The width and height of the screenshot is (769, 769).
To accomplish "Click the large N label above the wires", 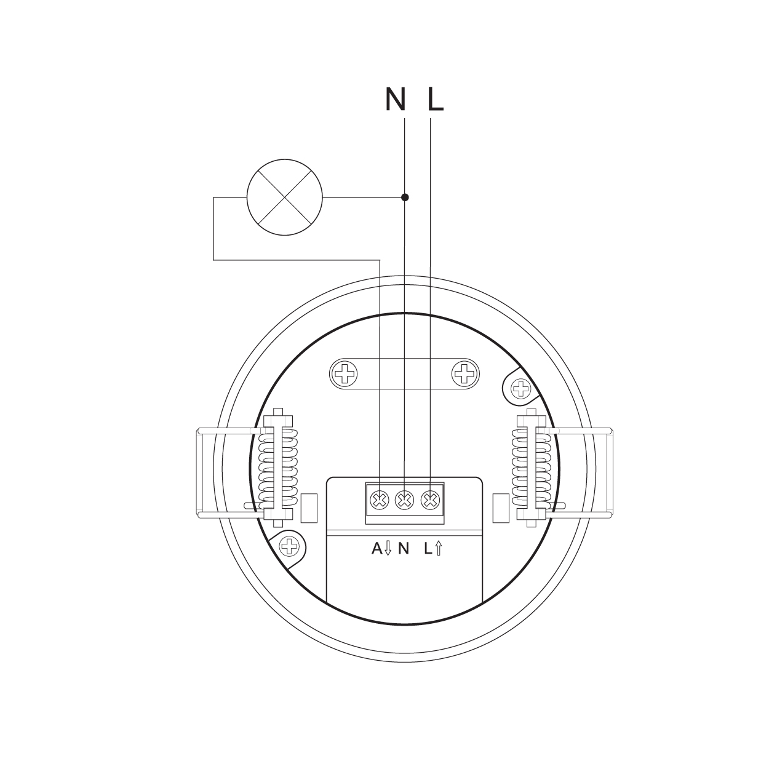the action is [x=396, y=99].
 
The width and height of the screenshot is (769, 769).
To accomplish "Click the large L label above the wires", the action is [x=436, y=99].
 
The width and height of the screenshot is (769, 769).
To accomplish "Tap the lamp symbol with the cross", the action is [x=285, y=197].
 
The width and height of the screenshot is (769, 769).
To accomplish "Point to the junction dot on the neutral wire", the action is [x=405, y=197].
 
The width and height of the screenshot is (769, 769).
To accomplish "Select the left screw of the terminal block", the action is [x=379, y=500].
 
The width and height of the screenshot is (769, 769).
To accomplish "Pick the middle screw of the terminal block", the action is [x=405, y=500].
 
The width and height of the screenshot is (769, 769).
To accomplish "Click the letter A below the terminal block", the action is [x=377, y=549].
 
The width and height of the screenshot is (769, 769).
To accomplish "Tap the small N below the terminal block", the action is [x=404, y=549].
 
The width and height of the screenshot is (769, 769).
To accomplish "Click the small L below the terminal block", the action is [x=428, y=549].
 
